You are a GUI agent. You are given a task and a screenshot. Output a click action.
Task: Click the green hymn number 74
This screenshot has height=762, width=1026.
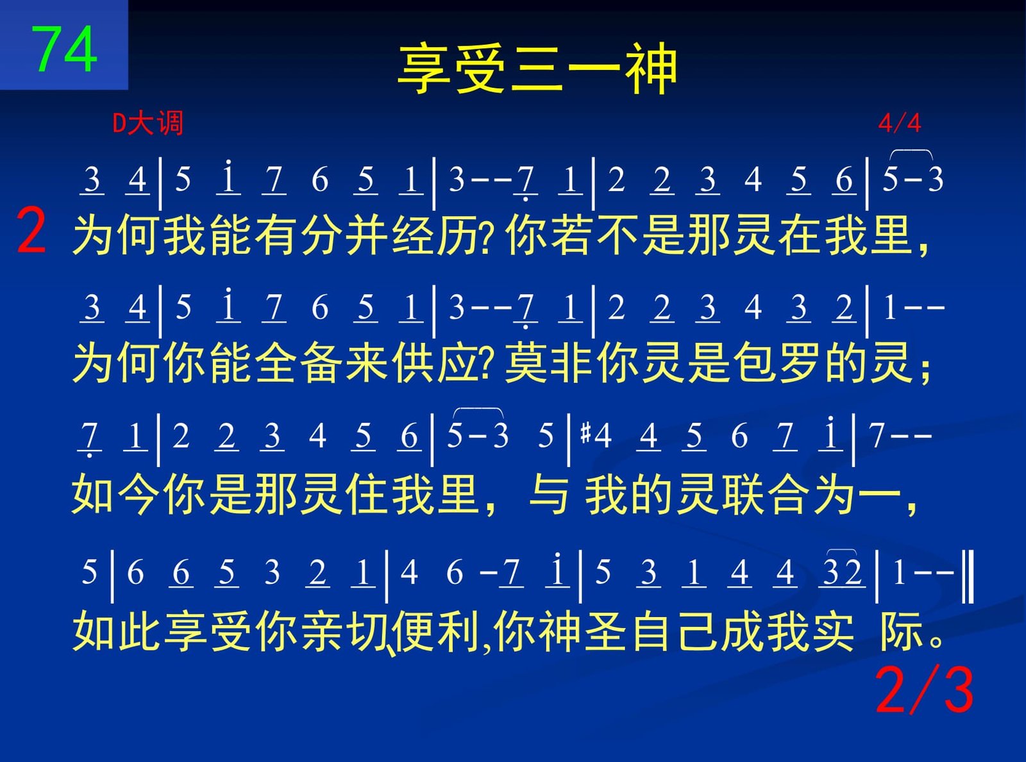point(64,49)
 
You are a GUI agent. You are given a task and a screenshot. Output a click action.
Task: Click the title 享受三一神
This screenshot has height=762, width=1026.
point(537,69)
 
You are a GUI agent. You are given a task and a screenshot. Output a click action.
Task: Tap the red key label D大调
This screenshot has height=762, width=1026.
point(148,123)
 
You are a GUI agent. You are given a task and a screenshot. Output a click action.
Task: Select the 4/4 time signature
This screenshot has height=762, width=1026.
point(899,123)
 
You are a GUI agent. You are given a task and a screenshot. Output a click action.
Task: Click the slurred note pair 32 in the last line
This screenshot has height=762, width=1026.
point(842,572)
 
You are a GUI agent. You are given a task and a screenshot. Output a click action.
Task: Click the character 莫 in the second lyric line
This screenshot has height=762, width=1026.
point(526,363)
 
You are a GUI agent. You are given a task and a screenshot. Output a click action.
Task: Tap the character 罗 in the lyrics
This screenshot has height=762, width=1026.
point(800,363)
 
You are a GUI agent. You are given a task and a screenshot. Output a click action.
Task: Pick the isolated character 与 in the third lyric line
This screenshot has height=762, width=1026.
point(549,494)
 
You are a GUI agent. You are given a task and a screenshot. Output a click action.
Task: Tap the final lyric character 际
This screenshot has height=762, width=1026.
point(900,631)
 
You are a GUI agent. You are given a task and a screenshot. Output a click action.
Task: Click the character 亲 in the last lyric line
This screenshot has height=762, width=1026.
point(323,631)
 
